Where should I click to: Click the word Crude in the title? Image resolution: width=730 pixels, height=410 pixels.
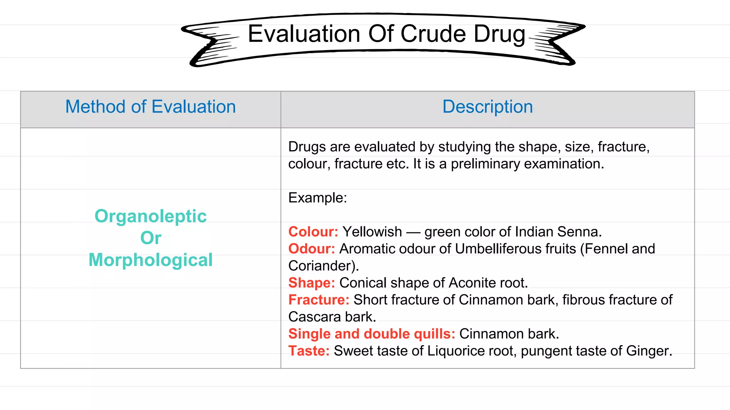433,34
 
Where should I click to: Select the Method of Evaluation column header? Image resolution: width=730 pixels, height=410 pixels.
150,107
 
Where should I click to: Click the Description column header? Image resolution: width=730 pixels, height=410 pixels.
487,107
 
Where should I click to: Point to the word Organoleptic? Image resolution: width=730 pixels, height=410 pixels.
150,216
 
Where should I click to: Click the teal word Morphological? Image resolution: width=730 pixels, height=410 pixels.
150,260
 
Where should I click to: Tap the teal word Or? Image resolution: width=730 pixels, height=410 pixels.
150,238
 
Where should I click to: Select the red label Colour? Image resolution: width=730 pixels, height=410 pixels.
313,232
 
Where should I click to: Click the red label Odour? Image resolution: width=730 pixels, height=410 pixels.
312,249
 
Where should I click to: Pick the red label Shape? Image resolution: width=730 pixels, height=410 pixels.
312,283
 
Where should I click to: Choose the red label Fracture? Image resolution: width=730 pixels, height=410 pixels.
319,300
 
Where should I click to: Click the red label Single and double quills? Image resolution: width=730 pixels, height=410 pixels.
371,334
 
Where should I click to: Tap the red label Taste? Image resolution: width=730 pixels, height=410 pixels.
309,351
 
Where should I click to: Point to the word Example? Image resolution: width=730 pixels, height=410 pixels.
317,198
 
